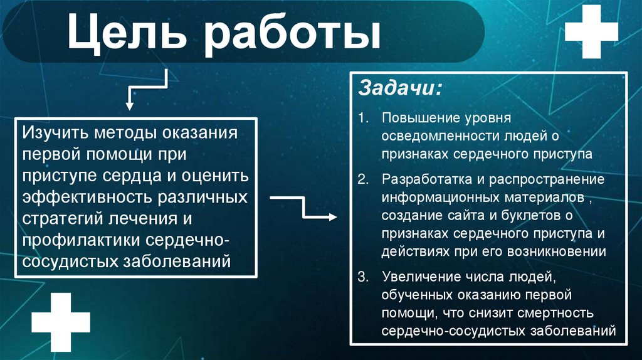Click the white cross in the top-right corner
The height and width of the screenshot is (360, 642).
click(x=591, y=32)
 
